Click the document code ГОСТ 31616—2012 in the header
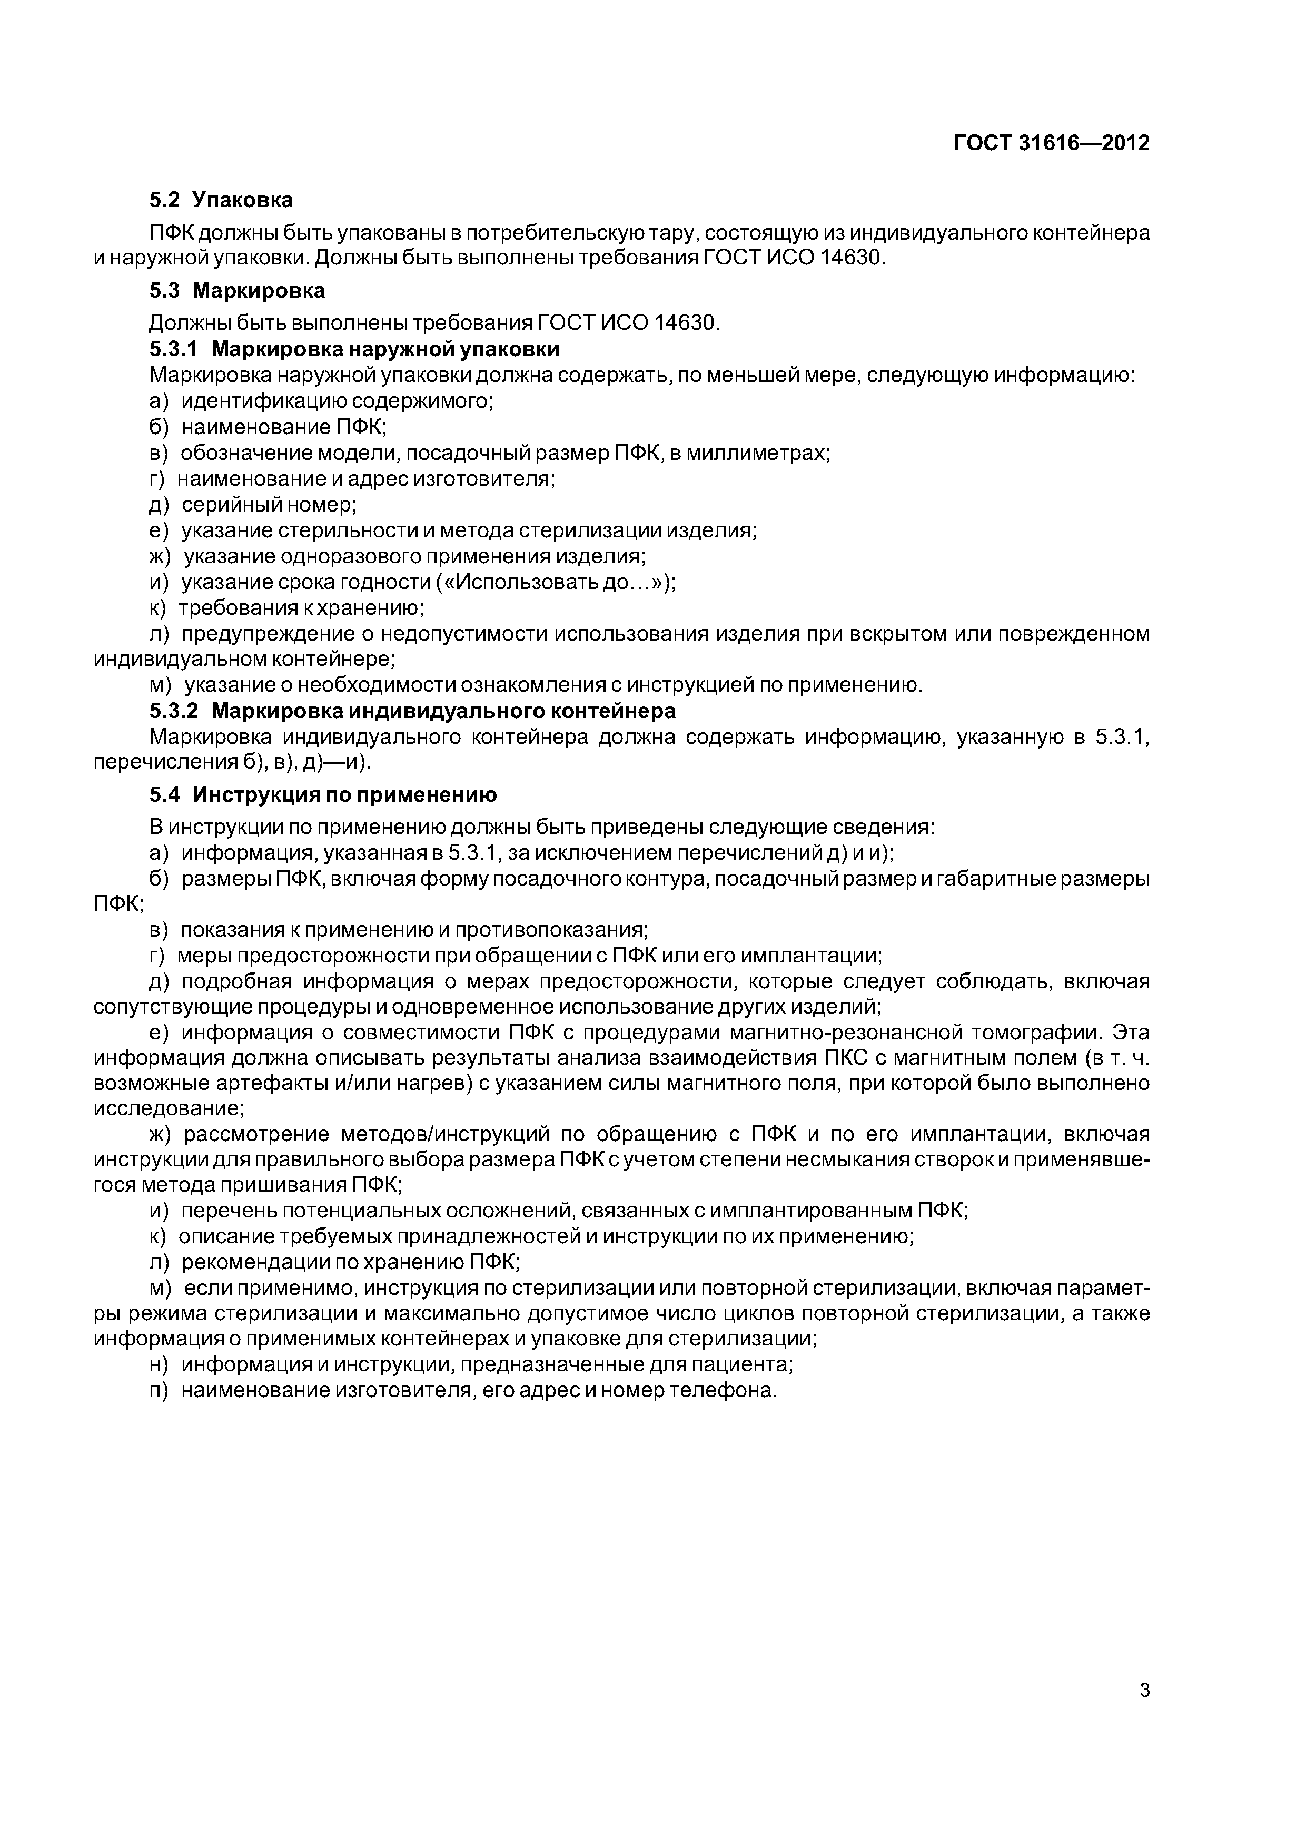[1051, 143]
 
